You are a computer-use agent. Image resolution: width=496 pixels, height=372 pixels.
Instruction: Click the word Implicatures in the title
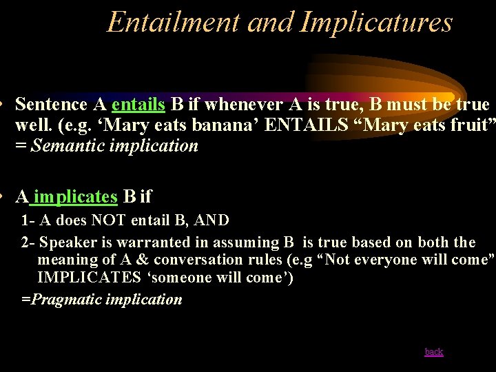[x=376, y=22]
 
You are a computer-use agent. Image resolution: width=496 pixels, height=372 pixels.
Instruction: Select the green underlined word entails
[x=138, y=105]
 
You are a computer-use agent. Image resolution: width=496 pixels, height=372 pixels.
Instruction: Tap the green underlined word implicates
[x=75, y=196]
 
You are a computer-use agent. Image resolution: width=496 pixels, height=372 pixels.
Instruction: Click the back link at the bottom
[x=434, y=352]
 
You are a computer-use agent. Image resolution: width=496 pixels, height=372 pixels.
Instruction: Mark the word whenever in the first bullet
[x=244, y=105]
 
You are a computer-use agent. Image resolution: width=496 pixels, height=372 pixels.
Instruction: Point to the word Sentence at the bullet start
[x=52, y=105]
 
